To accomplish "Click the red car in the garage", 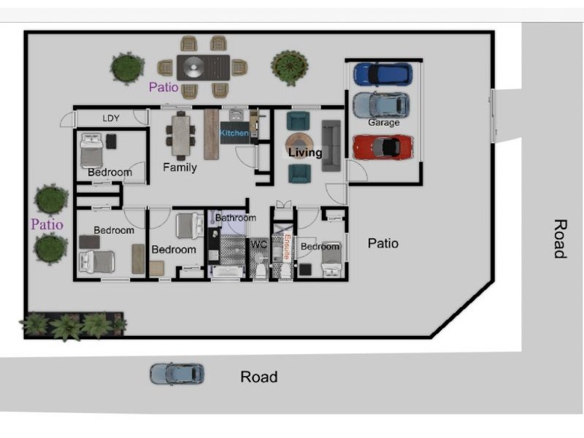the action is point(383,147).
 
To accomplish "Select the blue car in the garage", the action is point(383,74).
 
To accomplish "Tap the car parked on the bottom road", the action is point(177,374).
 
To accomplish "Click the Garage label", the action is point(384,122).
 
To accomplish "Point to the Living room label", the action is point(305,153).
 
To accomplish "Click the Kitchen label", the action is point(234,133).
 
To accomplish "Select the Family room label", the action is point(180,168).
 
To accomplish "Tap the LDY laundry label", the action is point(111,118).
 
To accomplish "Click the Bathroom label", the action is point(236,218).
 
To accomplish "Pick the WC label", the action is point(259,245).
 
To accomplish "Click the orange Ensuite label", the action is point(287,246).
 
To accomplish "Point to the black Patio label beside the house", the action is point(383,243).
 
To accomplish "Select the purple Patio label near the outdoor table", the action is point(164,87).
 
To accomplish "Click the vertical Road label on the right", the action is point(560,239).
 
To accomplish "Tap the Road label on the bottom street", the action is point(259,377).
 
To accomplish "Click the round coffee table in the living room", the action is point(299,145).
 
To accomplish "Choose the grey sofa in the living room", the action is point(331,145).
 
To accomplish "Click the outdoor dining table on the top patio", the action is point(203,67).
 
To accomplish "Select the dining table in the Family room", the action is point(181,136).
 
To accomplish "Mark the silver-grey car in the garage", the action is point(381,105).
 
